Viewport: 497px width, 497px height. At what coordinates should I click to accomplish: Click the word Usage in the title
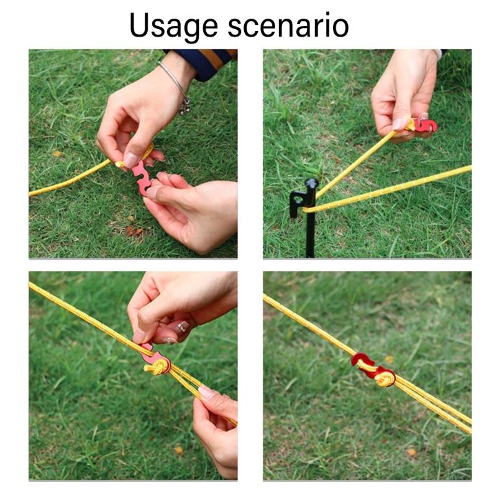165,26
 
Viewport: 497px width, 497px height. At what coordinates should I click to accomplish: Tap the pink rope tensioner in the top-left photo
142,176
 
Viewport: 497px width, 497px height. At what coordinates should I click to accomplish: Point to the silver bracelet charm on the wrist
185,106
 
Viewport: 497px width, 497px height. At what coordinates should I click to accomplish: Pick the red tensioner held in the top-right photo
426,124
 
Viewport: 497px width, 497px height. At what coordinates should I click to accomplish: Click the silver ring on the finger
183,326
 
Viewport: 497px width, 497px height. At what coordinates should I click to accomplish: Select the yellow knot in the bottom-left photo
157,368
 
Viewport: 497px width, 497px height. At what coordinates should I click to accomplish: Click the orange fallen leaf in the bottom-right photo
411,452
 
